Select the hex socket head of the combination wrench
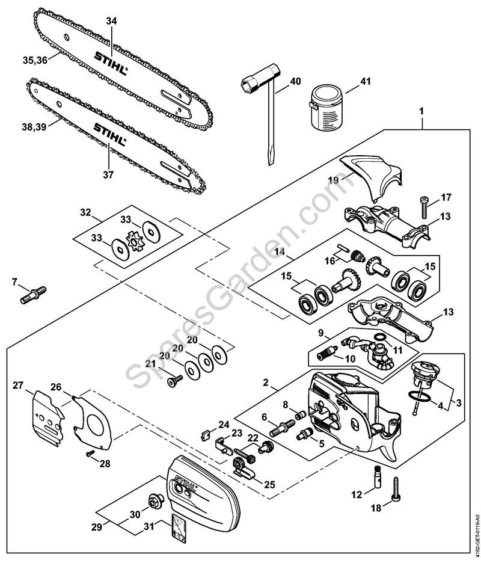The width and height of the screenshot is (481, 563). tap(252, 82)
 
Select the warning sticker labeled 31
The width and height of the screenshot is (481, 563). tap(179, 526)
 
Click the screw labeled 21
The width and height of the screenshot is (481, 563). tap(175, 379)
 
